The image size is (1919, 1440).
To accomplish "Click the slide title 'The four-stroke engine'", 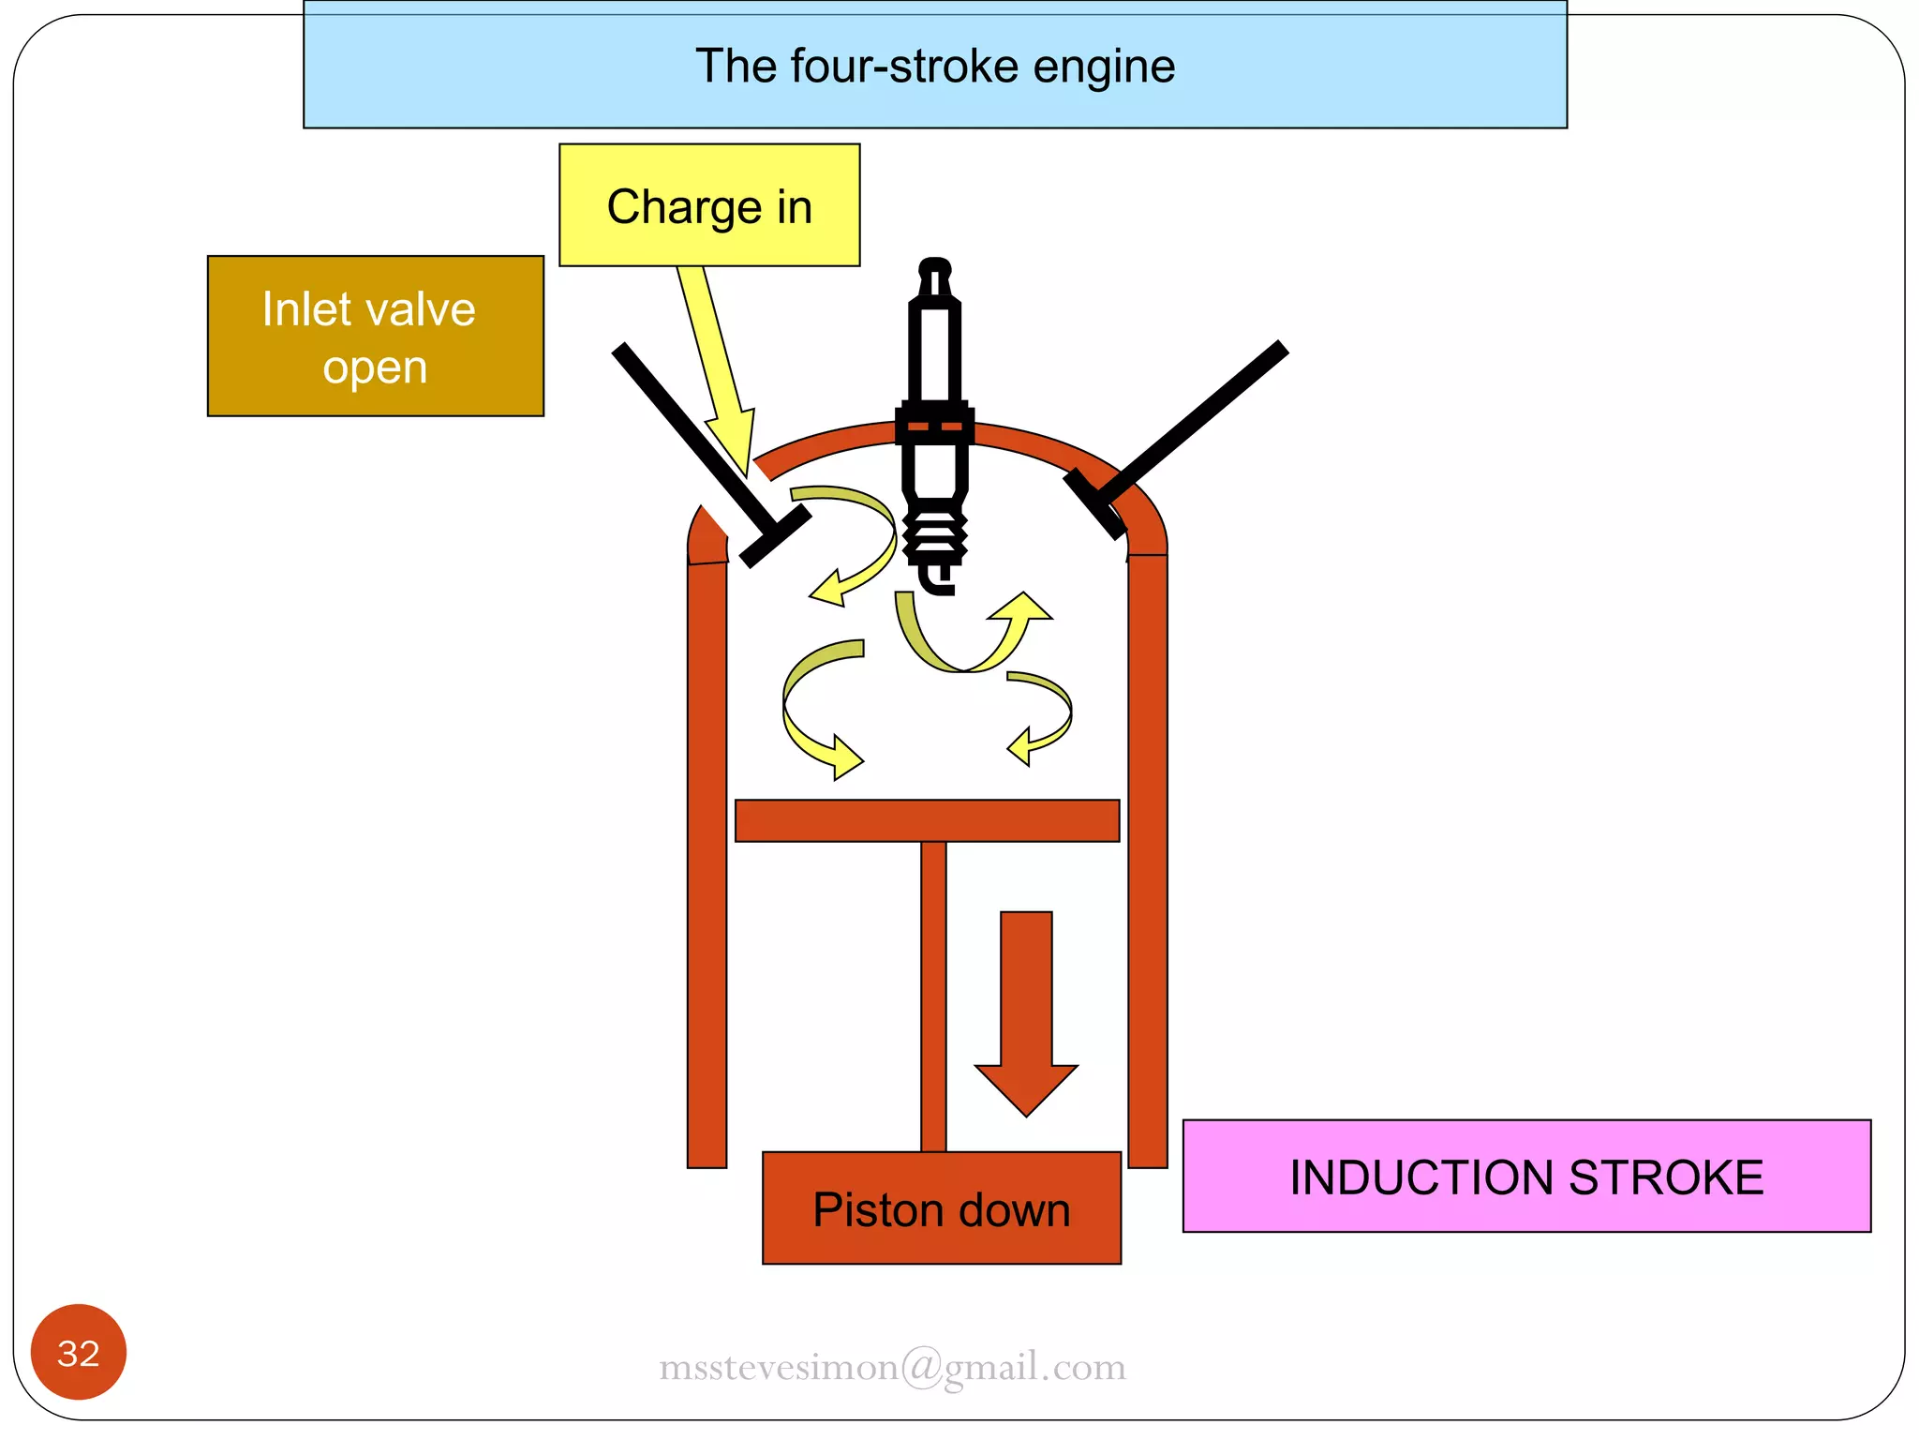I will point(934,67).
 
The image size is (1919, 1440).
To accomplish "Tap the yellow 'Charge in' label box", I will point(709,205).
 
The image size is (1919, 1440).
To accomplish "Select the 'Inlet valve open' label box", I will point(375,336).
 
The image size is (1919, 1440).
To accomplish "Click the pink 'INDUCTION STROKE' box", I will point(1525,1177).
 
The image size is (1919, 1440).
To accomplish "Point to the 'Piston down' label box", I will point(941,1208).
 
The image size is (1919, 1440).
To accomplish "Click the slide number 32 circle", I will point(79,1352).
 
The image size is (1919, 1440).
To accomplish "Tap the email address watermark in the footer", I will point(892,1366).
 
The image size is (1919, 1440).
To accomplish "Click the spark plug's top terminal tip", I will point(934,270).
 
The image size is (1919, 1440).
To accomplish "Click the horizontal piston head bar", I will point(927,820).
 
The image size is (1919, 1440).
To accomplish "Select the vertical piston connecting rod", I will point(933,994).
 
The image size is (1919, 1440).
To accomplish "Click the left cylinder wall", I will point(707,862).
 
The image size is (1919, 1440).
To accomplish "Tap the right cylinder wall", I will point(1147,862).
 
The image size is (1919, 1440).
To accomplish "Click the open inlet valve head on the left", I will point(775,535).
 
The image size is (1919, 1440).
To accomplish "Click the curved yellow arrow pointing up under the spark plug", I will point(974,637).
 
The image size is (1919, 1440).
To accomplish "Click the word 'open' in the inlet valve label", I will point(375,367).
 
